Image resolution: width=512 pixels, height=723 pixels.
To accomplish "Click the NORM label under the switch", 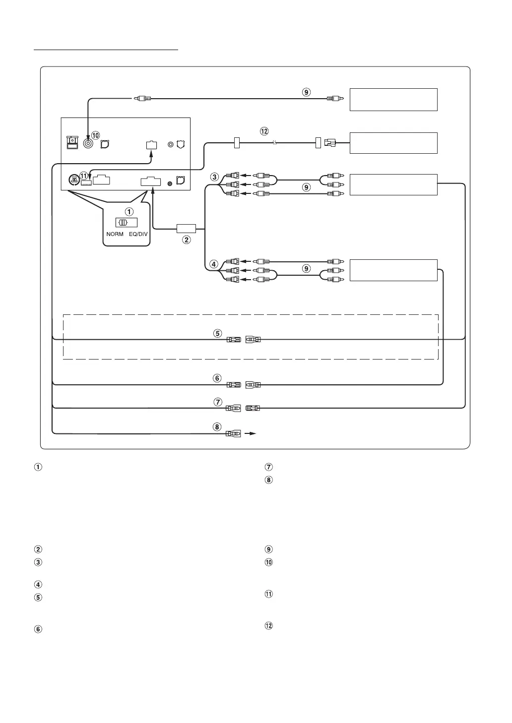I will click(x=115, y=234).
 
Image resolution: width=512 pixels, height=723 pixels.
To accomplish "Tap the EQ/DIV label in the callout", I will click(x=138, y=234).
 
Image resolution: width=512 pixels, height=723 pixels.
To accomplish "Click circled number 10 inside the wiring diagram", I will click(x=96, y=135).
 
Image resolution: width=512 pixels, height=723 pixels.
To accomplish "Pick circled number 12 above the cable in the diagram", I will click(x=264, y=131).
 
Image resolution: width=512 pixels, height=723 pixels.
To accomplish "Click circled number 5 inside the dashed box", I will click(x=218, y=333).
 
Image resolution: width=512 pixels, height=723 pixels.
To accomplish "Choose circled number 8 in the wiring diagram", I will click(x=218, y=427).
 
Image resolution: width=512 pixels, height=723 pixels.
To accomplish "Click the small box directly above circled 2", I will click(x=187, y=229).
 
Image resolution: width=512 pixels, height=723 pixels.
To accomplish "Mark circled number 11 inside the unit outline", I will click(x=84, y=175).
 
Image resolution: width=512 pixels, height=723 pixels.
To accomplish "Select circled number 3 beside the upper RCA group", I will click(x=214, y=177).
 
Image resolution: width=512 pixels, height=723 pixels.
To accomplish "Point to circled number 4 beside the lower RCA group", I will click(x=214, y=264).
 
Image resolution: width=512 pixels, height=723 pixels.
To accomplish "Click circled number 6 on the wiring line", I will click(x=217, y=378).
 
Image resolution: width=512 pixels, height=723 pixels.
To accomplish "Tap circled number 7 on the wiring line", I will click(x=218, y=402).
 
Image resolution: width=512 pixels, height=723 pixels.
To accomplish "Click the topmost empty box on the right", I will click(x=393, y=100).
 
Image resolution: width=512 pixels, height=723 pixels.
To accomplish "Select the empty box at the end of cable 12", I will click(x=393, y=143).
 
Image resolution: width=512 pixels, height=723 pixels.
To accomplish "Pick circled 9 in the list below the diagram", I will click(x=268, y=549).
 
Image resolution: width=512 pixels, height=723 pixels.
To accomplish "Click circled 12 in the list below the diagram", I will click(x=268, y=626).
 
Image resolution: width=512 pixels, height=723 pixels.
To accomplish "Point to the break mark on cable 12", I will click(x=275, y=143).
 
